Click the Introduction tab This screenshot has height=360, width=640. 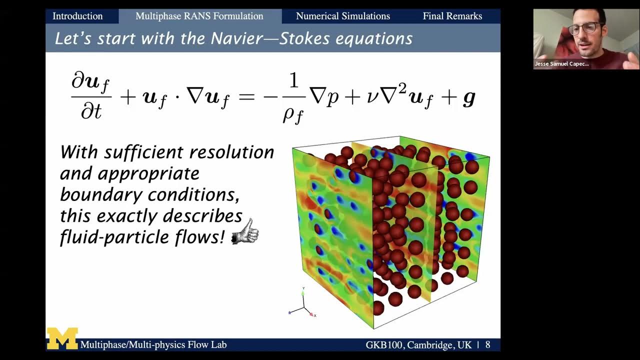[x=77, y=16]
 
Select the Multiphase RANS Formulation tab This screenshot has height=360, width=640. [x=199, y=16]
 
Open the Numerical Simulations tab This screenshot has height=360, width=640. [x=342, y=16]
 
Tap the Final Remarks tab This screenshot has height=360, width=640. [x=452, y=16]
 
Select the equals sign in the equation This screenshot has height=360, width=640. [x=246, y=97]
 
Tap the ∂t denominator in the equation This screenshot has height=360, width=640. [x=91, y=111]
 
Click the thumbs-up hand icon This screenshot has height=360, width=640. [x=245, y=232]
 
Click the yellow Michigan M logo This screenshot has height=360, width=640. [x=62, y=338]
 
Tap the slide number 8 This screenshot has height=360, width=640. [x=487, y=344]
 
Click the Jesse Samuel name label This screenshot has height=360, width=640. [x=561, y=64]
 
